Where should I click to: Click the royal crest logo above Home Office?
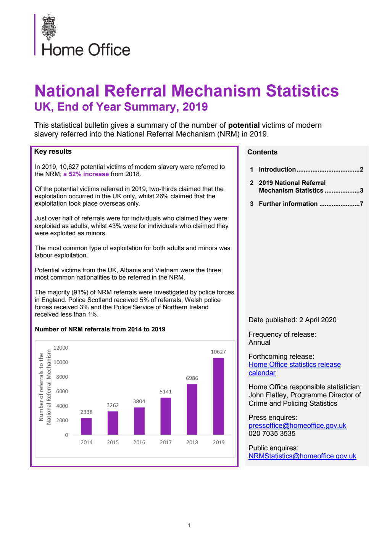[x=49, y=27]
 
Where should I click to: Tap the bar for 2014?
[x=86, y=426]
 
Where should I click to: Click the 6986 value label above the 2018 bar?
[x=192, y=378]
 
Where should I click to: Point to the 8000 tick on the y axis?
[x=62, y=377]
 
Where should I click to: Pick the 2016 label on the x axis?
[x=139, y=442]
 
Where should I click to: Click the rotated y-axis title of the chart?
[x=45, y=387]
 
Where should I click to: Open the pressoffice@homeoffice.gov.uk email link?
[x=297, y=425]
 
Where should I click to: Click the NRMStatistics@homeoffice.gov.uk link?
[x=302, y=456]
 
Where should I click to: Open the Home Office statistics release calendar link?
[x=294, y=365]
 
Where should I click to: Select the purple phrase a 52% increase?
[x=86, y=174]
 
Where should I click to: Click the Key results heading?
[x=53, y=151]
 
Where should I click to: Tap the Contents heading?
[x=262, y=152]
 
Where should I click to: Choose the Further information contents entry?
[x=288, y=204]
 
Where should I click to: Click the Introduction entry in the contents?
[x=277, y=169]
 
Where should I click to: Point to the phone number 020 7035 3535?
[x=272, y=434]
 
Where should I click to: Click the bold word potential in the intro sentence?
[x=244, y=125]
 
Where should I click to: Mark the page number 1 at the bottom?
[x=189, y=525]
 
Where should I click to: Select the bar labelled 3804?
[x=139, y=421]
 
